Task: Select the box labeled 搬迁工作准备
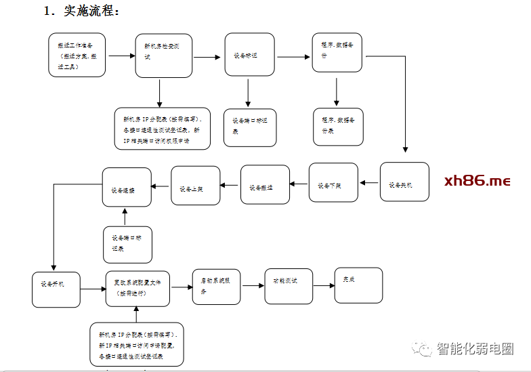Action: click(x=77, y=55)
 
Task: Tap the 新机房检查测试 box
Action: click(x=163, y=56)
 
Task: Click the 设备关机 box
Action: click(x=404, y=182)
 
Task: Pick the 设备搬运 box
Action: click(x=265, y=184)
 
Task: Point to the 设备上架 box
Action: click(x=195, y=186)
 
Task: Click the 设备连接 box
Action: click(x=126, y=188)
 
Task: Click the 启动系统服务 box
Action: click(x=215, y=285)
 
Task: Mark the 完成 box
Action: click(x=358, y=285)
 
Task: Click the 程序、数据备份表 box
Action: click(x=338, y=125)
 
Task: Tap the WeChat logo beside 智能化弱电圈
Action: click(x=424, y=349)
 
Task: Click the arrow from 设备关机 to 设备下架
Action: click(x=368, y=182)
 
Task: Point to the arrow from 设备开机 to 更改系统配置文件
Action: click(x=93, y=290)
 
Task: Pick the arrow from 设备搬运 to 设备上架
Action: click(x=230, y=184)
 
